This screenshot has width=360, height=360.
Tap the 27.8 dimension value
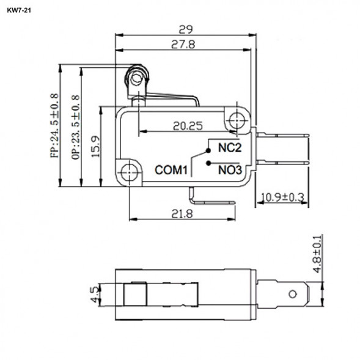point(183,44)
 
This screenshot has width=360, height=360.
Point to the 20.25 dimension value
point(188,126)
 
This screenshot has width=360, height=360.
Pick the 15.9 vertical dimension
point(96,147)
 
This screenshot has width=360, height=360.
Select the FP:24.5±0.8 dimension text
point(55,126)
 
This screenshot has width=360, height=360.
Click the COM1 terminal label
point(170,171)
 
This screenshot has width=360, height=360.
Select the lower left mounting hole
point(129,171)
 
